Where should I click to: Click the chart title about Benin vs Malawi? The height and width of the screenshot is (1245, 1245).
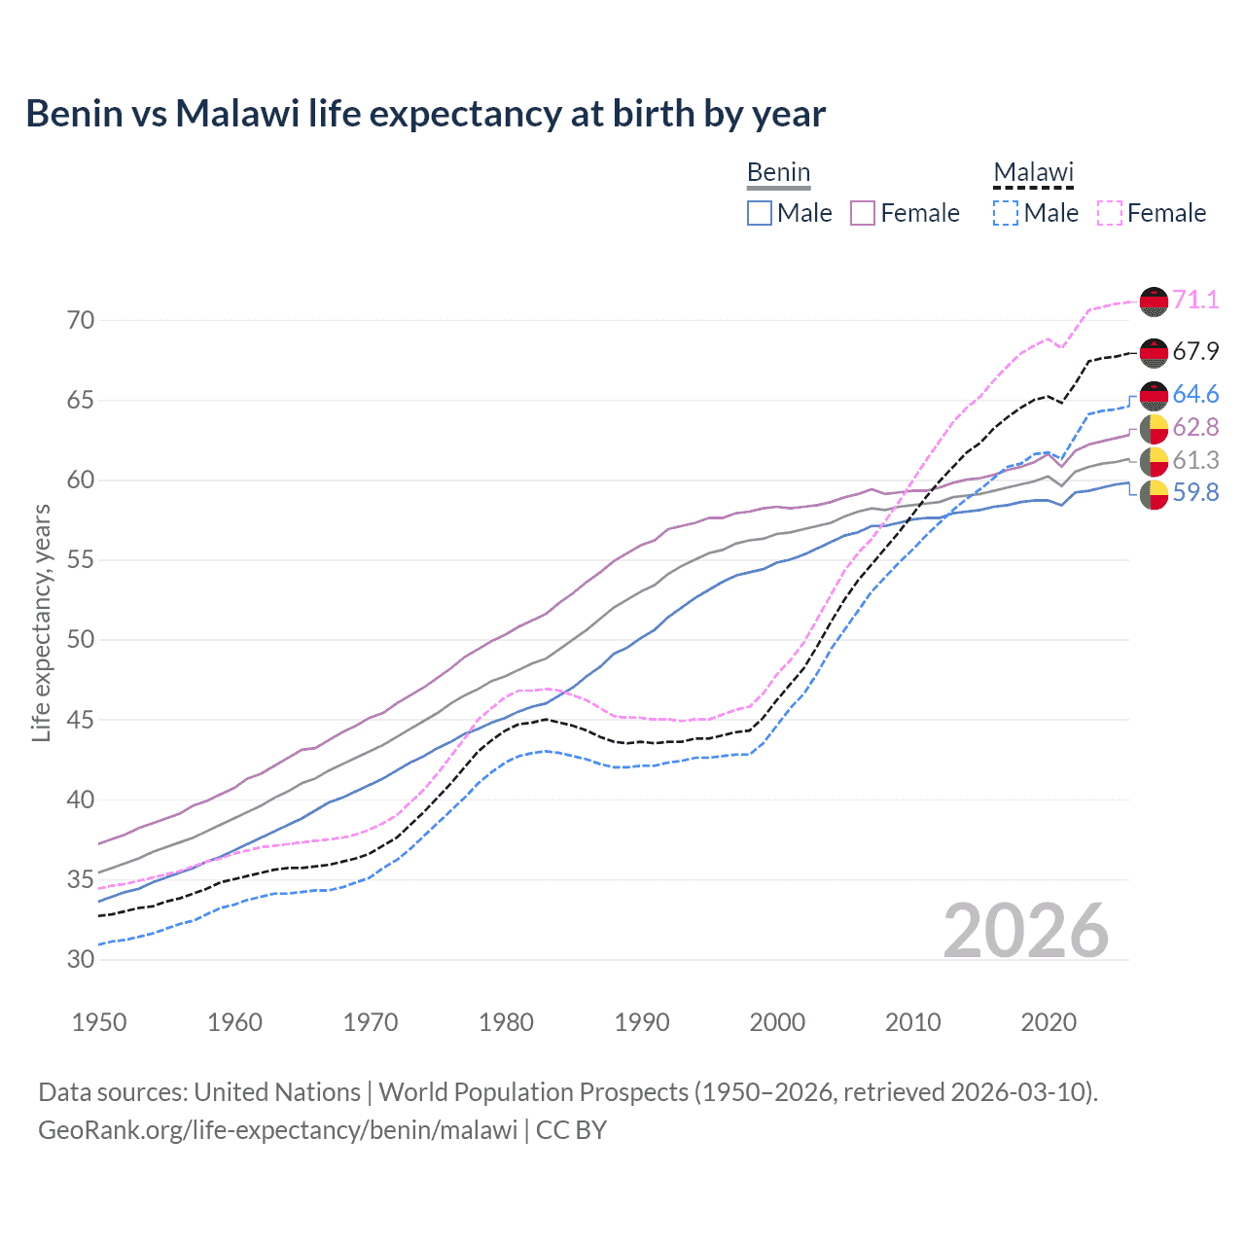point(425,114)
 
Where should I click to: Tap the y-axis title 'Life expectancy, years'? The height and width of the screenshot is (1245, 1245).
point(41,622)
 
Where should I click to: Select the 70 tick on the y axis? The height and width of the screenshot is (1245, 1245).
point(81,320)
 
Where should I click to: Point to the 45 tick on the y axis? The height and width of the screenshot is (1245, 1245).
point(81,720)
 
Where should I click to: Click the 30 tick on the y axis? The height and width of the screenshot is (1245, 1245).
point(81,959)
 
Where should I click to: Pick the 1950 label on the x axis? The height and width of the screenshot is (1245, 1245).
point(99,1022)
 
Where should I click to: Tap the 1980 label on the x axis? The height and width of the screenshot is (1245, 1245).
point(506,1022)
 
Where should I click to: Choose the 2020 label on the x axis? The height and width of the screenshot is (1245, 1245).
point(1049,1022)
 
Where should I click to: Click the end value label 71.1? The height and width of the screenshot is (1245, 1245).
point(1195,300)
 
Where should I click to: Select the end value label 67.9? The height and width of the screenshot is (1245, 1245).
point(1195,351)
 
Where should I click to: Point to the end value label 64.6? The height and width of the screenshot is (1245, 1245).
point(1195,394)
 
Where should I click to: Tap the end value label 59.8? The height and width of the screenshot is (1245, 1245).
point(1195,493)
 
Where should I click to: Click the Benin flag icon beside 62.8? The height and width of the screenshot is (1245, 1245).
point(1154,428)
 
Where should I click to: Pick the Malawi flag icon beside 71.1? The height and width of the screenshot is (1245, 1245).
point(1154,301)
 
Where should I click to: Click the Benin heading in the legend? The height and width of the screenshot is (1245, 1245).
point(778,172)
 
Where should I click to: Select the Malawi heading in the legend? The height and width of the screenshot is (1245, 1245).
point(1033,172)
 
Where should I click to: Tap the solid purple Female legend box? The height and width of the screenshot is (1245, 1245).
point(863,213)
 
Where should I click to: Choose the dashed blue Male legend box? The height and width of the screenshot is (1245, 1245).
point(1006,213)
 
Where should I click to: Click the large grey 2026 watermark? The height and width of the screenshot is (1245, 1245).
point(1025,931)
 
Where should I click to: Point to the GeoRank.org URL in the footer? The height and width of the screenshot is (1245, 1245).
point(278,1130)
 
